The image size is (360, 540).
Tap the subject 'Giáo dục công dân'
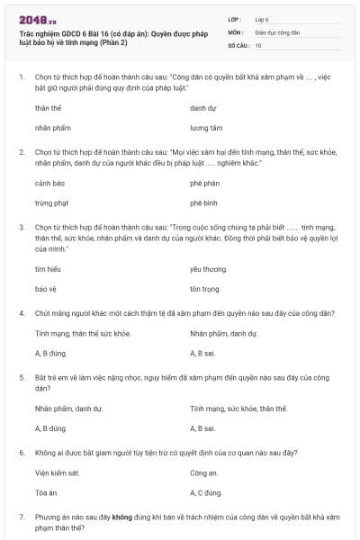(x=276, y=31)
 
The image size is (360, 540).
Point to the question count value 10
(x=258, y=44)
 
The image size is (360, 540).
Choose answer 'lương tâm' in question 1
(x=206, y=128)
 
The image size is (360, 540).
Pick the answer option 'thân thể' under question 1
(x=48, y=108)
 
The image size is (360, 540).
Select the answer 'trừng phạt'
(x=50, y=203)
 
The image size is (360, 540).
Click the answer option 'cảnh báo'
(x=49, y=184)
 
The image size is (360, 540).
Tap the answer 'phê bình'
(x=204, y=203)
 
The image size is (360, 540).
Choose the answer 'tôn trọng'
(x=205, y=289)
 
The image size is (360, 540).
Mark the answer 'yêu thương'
(x=207, y=269)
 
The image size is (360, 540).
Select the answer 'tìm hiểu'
(x=47, y=269)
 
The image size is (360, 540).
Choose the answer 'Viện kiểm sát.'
(x=58, y=472)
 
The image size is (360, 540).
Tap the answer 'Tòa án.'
(x=47, y=492)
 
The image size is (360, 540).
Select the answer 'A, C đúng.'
(x=206, y=492)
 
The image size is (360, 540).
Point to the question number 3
(x=22, y=229)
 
